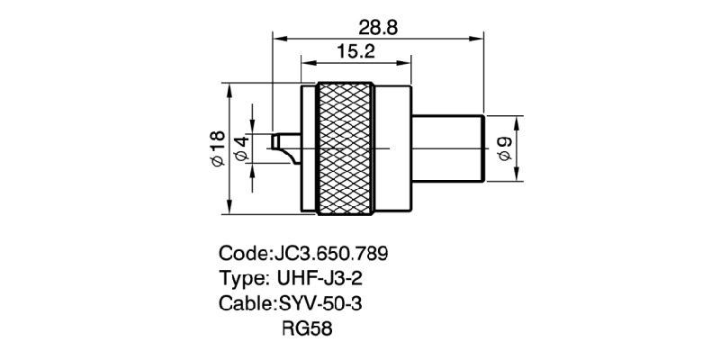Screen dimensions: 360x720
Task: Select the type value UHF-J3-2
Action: (323, 278)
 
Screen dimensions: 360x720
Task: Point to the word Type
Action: (241, 278)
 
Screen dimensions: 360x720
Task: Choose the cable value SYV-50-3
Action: (320, 304)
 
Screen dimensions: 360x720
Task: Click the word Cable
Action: (245, 304)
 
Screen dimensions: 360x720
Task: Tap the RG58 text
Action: (307, 330)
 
